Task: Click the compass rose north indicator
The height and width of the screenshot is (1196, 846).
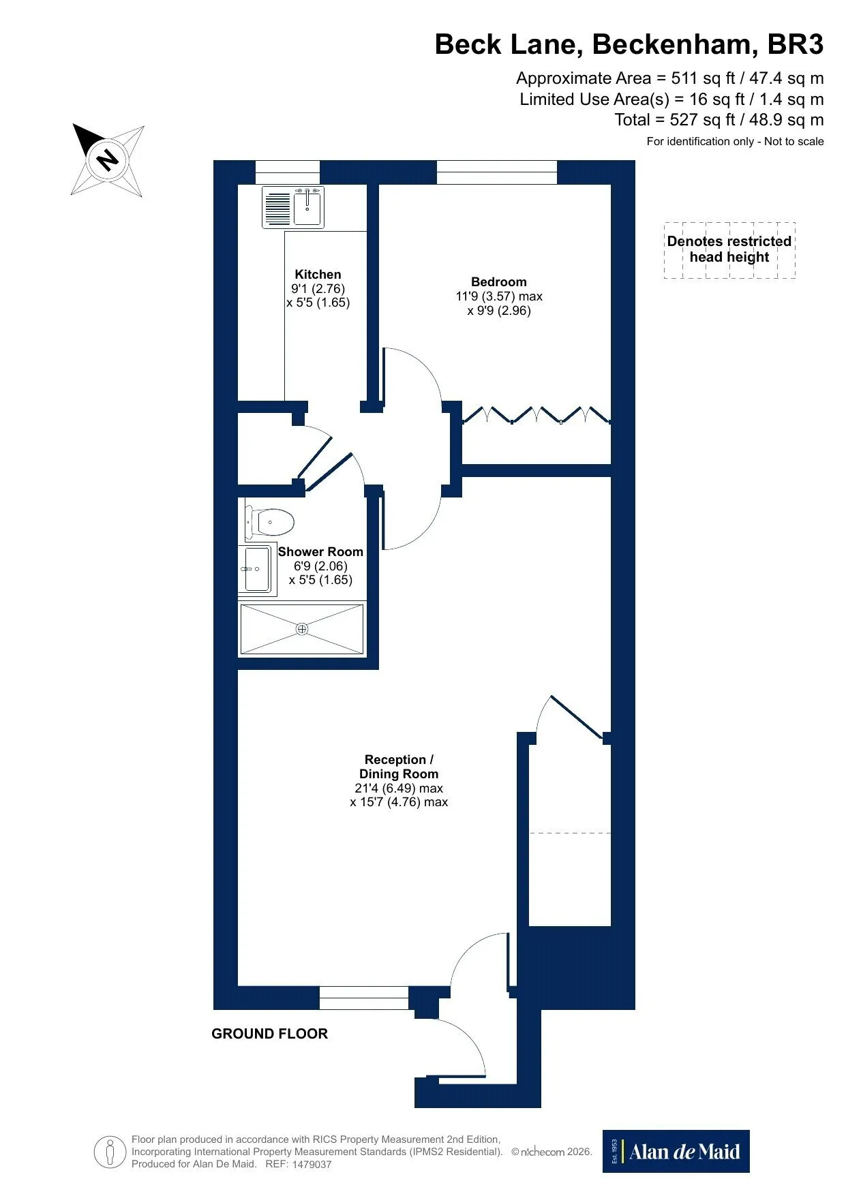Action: [107, 161]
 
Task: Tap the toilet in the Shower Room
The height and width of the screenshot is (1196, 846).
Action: [270, 523]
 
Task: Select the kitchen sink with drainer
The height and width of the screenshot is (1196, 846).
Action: [294, 206]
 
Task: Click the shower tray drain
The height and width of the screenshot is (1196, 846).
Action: [302, 629]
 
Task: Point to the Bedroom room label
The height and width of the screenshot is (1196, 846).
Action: [499, 281]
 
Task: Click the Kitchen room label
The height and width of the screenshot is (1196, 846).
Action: [318, 274]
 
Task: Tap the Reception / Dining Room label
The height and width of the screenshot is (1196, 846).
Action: [399, 767]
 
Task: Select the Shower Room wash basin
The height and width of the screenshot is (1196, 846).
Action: [258, 569]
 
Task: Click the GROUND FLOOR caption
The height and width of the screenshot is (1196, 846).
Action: [269, 1034]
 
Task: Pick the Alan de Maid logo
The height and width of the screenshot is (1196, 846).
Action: [676, 1152]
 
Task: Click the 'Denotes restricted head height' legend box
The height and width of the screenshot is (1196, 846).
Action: [729, 250]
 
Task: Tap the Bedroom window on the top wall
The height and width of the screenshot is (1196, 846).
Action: [496, 172]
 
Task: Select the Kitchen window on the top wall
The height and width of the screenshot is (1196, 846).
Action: [287, 172]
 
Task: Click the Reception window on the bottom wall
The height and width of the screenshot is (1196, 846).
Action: [364, 998]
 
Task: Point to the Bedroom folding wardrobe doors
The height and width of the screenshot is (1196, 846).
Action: [536, 415]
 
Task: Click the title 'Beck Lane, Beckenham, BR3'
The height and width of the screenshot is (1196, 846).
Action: [629, 44]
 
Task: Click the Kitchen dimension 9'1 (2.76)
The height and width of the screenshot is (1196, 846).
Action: [318, 288]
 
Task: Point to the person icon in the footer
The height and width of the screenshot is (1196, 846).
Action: [110, 1152]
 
